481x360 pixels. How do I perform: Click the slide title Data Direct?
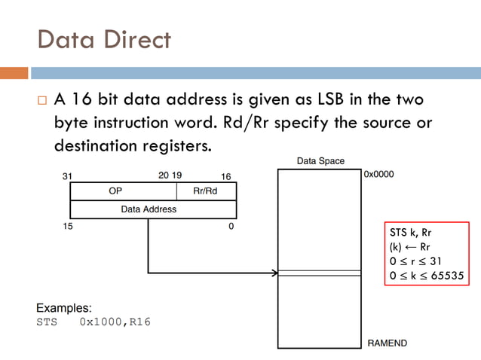(x=103, y=39)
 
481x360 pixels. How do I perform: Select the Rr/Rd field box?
(x=205, y=191)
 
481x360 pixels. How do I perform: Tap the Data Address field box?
(x=149, y=209)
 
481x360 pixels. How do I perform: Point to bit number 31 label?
(x=66, y=175)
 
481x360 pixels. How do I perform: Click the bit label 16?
(x=225, y=175)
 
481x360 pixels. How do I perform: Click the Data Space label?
(x=320, y=160)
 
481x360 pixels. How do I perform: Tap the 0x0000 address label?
(x=378, y=173)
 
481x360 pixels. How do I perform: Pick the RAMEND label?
(x=387, y=343)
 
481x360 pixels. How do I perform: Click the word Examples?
(x=64, y=308)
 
